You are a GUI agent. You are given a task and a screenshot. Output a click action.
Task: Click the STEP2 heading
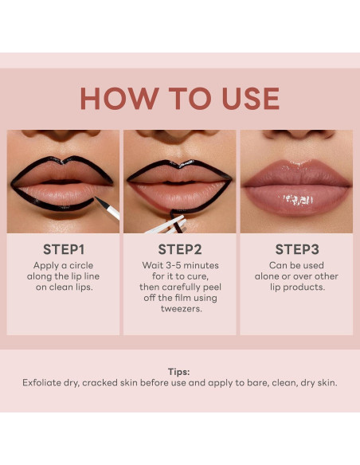point(179,249)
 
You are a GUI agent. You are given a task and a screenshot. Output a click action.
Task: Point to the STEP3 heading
point(296,249)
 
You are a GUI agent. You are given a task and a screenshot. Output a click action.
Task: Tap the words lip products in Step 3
point(296,287)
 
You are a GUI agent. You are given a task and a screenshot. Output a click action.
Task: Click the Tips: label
point(179,371)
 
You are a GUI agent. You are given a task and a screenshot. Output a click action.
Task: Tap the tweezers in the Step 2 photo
point(163,225)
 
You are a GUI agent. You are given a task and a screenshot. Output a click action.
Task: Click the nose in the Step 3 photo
point(296,135)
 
